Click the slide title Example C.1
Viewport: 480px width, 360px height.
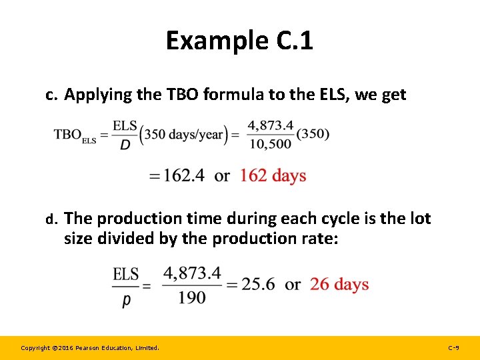coord(239,41)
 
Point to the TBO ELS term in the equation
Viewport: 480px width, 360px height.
coord(75,135)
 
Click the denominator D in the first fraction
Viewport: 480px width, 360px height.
coord(125,144)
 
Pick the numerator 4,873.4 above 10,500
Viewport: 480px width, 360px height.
coord(270,125)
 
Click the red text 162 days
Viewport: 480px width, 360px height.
coord(273,175)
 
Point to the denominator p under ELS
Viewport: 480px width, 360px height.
coord(126,300)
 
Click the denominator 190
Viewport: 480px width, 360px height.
coord(192,297)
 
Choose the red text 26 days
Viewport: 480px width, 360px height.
coord(339,285)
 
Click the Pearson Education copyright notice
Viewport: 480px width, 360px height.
coord(90,348)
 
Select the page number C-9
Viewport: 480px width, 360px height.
coord(453,348)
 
